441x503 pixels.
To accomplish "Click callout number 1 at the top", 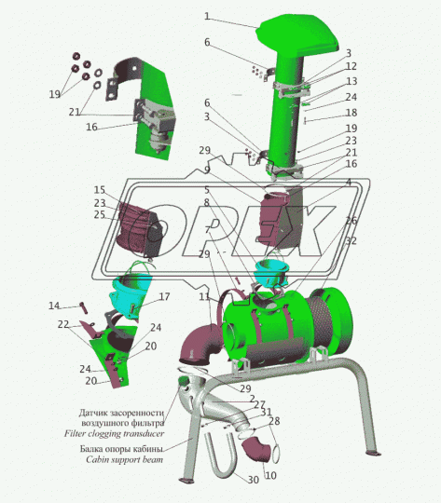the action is (207, 17).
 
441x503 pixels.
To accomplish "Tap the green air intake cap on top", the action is (298, 35).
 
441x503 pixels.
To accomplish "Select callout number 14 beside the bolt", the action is (54, 306).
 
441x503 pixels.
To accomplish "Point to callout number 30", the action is (253, 480).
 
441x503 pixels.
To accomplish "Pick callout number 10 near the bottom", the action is (270, 475).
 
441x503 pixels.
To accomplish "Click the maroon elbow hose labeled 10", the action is (257, 450).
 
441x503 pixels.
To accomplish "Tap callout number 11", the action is (204, 296).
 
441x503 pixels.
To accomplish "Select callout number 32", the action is (351, 240).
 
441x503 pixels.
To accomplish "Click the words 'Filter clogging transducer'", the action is (114, 434).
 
